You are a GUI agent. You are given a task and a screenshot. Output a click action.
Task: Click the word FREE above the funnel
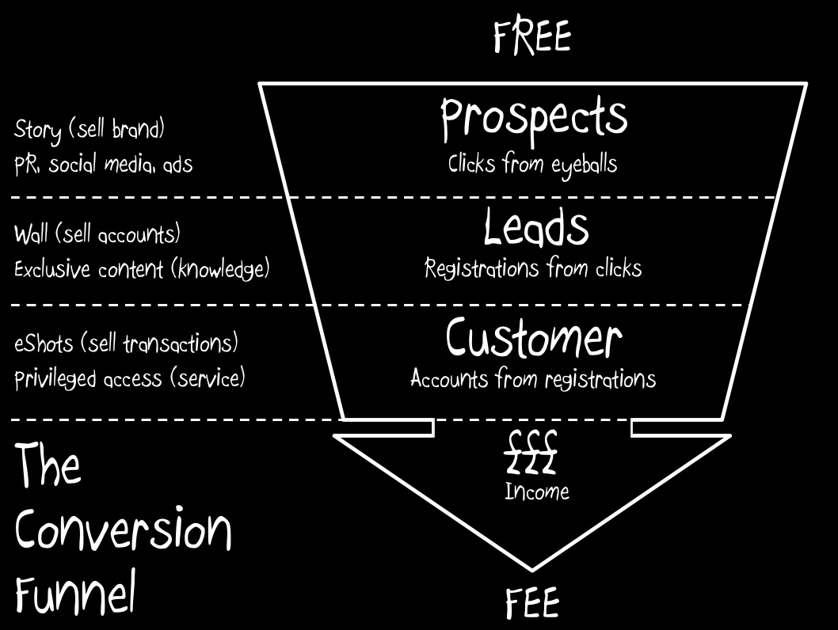[532, 37]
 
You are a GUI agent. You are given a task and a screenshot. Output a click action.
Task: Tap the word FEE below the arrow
[532, 603]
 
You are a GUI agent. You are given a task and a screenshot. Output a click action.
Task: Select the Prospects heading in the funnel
[534, 120]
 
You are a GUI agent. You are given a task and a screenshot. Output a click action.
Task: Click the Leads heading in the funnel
[536, 227]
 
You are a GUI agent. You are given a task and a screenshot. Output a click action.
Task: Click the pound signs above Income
[531, 452]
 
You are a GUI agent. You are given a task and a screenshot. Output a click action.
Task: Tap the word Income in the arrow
[537, 491]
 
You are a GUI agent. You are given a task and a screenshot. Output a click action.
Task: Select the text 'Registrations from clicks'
[533, 268]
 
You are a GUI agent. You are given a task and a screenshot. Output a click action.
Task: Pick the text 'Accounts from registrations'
[533, 378]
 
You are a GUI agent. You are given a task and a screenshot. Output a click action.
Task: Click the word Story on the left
[37, 131]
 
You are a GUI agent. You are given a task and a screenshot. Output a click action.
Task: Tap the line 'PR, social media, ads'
[103, 165]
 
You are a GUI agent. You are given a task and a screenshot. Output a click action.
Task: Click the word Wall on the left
[31, 233]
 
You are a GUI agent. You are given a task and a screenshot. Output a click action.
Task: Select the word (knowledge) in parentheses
[220, 269]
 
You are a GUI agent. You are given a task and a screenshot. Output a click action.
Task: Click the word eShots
[44, 343]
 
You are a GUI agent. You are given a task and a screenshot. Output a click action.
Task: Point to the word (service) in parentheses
[208, 378]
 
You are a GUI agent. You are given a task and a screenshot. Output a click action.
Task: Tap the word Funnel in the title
[74, 592]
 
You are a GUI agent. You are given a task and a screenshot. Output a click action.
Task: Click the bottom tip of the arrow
[531, 570]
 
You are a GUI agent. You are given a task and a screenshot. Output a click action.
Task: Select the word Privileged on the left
[55, 380]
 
